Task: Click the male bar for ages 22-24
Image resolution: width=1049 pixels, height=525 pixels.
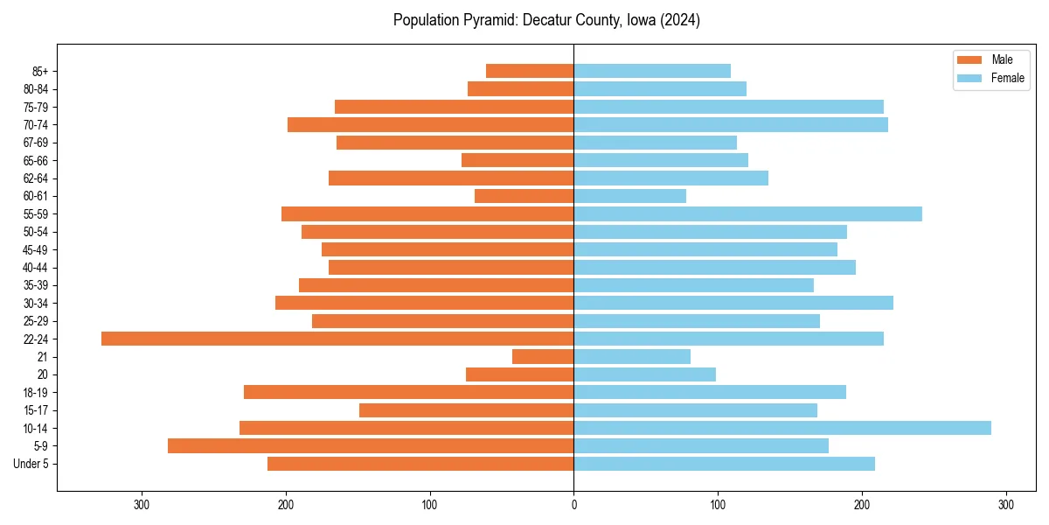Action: (337, 339)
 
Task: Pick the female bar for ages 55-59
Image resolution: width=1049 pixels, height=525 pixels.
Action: (747, 214)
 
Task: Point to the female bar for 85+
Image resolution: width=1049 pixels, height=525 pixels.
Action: (652, 71)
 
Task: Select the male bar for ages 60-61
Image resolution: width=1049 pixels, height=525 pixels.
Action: (524, 196)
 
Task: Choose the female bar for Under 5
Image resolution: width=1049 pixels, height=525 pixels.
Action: (724, 464)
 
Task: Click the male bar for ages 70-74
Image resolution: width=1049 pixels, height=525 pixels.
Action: (430, 125)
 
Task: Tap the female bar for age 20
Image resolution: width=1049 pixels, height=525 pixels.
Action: (644, 374)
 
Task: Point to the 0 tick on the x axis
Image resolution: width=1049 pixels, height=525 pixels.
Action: (573, 505)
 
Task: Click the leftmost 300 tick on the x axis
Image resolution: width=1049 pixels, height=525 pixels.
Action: (142, 505)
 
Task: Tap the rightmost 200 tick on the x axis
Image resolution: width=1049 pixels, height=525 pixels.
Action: (862, 505)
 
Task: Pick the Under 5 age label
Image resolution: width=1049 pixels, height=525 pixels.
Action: (31, 464)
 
